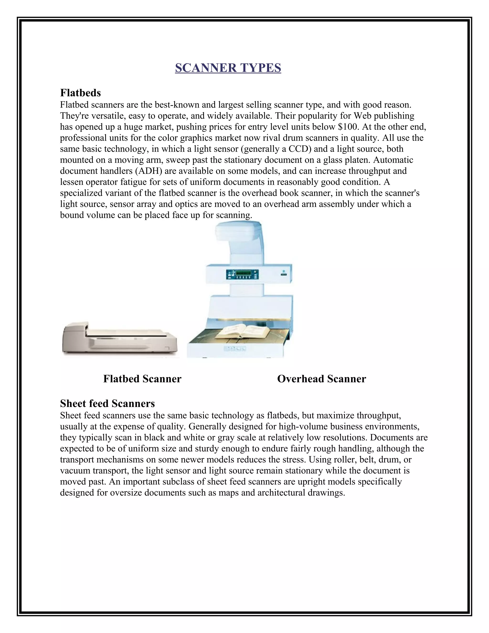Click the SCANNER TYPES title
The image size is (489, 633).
pos(228,68)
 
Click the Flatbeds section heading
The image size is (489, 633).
pos(80,93)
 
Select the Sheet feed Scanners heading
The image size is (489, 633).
pos(107,403)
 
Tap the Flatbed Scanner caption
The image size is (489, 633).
pos(142,379)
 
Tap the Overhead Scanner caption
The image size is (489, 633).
pos(322,379)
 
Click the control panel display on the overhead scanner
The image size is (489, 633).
pos(243,274)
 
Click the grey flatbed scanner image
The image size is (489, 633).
pos(119,339)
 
